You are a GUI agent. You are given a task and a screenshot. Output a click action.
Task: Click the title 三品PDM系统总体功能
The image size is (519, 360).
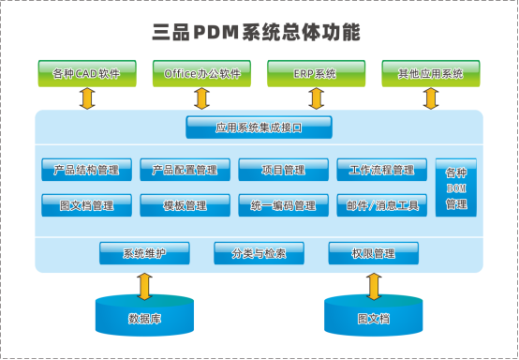point(256,33)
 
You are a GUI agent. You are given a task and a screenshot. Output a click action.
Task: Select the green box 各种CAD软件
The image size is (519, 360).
point(87,73)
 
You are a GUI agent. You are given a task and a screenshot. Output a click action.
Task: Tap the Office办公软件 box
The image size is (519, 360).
point(201,73)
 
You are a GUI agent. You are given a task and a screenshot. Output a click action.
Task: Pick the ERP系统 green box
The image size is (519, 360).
point(316,73)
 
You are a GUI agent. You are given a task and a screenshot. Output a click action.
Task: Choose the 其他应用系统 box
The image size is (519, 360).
point(431,73)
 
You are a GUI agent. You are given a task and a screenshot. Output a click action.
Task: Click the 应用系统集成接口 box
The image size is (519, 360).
point(259,127)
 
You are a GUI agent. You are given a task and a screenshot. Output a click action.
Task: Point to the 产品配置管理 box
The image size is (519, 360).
point(185,170)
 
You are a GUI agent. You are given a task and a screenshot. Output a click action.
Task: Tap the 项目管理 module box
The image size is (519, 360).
point(283,170)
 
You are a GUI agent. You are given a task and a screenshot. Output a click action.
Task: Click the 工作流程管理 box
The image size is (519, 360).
point(381,170)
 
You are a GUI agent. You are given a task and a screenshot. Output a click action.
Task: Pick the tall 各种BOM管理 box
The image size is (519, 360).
point(456,188)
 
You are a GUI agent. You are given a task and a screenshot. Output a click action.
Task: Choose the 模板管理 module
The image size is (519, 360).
point(185,205)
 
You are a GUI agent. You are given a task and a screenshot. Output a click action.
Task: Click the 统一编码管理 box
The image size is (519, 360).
point(283,205)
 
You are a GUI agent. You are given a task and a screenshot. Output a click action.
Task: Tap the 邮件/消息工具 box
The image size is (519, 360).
point(381,205)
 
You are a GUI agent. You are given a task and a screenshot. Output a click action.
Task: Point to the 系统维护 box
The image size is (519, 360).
point(144,253)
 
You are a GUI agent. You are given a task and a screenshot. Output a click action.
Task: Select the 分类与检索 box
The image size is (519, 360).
point(259,253)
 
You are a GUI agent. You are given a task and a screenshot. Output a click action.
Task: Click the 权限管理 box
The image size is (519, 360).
point(372,253)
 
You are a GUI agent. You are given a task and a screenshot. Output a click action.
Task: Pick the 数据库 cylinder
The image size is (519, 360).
point(144,316)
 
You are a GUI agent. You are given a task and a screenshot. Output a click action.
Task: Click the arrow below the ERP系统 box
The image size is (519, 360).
point(316,98)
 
